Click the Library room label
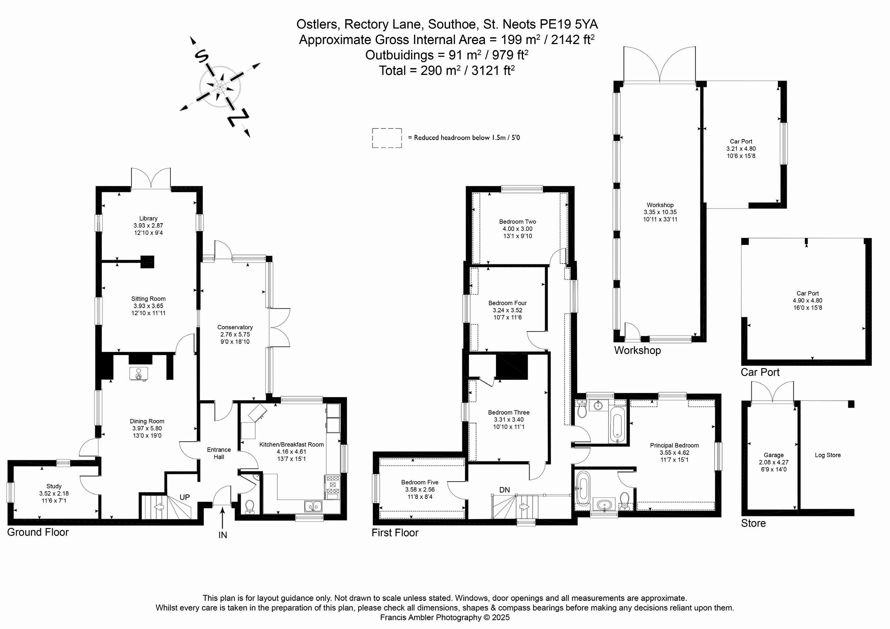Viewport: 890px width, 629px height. (x=148, y=219)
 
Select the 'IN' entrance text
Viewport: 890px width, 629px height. (x=222, y=535)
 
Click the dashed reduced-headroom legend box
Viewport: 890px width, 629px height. (x=387, y=138)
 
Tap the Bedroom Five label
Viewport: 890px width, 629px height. (x=419, y=482)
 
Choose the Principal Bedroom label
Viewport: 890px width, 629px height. (x=674, y=445)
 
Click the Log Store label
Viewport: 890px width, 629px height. (x=828, y=455)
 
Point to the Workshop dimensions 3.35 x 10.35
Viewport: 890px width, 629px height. (x=660, y=212)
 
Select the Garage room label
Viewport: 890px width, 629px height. (x=773, y=455)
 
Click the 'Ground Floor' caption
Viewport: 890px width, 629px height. (x=38, y=532)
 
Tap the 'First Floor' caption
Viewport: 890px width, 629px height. (x=395, y=533)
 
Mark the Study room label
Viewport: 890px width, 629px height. (x=54, y=486)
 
